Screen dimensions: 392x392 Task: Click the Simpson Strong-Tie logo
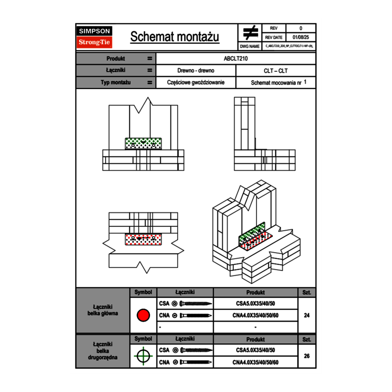(x=95, y=37)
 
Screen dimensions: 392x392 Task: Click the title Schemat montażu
(x=175, y=37)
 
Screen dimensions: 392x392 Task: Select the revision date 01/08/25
(x=300, y=37)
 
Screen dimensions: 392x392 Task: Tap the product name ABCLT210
(x=236, y=58)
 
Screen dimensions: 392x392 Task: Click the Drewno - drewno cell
(x=196, y=70)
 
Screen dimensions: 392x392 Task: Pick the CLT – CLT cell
(x=275, y=70)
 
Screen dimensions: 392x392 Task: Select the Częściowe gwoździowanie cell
(x=196, y=82)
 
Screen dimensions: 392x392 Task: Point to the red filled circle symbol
(x=143, y=315)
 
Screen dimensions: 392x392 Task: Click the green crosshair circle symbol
(x=143, y=356)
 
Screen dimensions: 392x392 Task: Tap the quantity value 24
(x=306, y=315)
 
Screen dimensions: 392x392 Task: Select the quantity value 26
(x=306, y=356)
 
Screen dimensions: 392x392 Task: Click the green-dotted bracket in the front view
(x=143, y=143)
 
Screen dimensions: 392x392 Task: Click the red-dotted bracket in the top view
(x=143, y=239)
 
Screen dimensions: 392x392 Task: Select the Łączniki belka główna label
(x=102, y=310)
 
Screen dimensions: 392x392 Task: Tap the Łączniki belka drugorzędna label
(x=102, y=351)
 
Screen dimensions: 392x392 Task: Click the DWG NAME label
(x=249, y=46)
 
